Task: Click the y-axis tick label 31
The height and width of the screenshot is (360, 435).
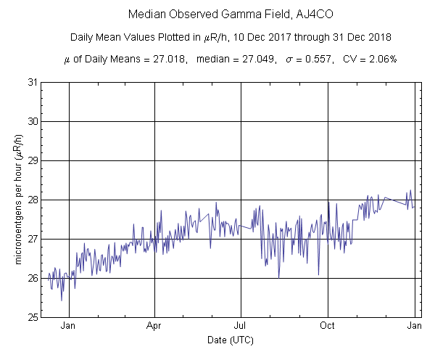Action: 31,82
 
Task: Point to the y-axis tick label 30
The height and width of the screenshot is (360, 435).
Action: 31,121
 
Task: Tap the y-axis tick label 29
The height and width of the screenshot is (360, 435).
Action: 31,160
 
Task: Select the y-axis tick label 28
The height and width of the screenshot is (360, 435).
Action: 31,200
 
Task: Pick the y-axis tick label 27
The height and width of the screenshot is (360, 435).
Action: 31,239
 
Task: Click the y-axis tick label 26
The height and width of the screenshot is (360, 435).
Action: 31,278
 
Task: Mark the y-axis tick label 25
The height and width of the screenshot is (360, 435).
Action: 31,317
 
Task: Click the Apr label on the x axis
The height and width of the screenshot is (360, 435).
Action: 154,327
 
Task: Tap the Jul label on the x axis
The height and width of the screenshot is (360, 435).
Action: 241,327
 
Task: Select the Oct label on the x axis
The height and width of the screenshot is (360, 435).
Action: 328,327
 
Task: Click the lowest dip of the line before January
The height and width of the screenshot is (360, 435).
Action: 62,300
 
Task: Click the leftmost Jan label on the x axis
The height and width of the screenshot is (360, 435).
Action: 69,327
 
